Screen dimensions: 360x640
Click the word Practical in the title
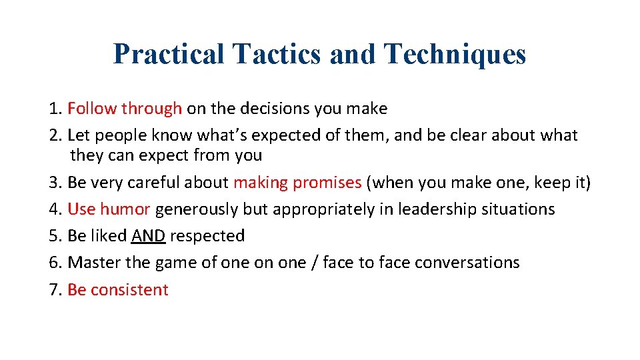click(169, 54)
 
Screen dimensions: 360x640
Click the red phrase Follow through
click(125, 108)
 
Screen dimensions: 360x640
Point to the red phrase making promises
click(297, 182)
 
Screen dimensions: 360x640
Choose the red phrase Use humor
click(109, 209)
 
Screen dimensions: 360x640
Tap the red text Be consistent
click(118, 289)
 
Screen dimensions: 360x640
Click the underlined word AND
click(149, 235)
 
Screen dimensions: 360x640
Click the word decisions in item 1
click(257, 108)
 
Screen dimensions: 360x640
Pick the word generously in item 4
click(197, 209)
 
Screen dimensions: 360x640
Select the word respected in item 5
click(207, 236)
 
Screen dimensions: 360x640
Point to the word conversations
click(467, 262)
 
